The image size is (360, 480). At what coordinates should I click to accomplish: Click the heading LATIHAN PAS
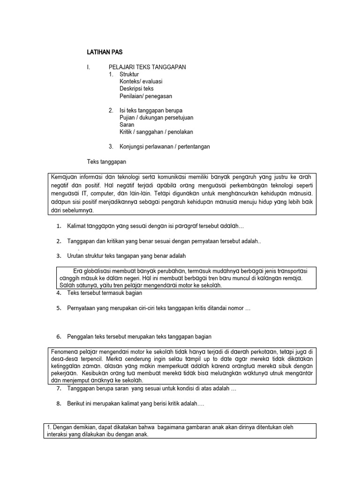click(x=105, y=52)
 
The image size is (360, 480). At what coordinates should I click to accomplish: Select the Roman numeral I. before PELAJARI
click(x=88, y=67)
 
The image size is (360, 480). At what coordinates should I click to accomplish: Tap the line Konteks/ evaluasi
click(x=141, y=81)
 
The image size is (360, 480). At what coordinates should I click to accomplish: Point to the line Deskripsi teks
click(x=136, y=88)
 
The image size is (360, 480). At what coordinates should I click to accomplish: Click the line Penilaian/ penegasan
click(x=146, y=96)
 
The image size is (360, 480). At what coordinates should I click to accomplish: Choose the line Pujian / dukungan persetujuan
click(x=156, y=118)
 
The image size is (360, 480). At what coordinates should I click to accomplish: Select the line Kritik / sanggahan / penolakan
click(x=156, y=132)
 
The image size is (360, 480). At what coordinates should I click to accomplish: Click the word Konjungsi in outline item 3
click(x=133, y=147)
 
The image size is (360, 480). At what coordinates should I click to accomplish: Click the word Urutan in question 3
click(x=76, y=256)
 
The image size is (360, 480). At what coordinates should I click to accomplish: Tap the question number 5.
click(x=59, y=308)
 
